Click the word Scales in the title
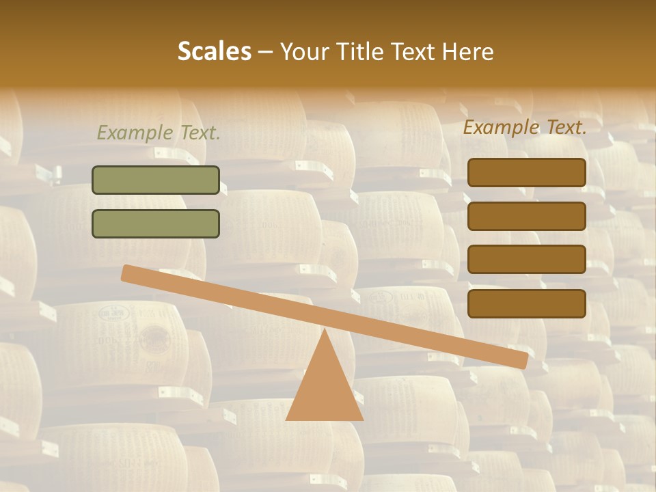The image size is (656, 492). pyautogui.click(x=214, y=52)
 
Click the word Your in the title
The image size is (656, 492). pyautogui.click(x=305, y=52)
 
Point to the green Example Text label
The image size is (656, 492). pyautogui.click(x=159, y=133)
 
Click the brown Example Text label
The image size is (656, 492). pyautogui.click(x=525, y=127)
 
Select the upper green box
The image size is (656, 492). pyautogui.click(x=156, y=180)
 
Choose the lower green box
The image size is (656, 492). pyautogui.click(x=156, y=223)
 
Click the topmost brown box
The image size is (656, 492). pyautogui.click(x=527, y=173)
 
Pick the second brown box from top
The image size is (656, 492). pyautogui.click(x=527, y=216)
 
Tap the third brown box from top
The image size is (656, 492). pyautogui.click(x=527, y=260)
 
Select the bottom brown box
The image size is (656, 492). pyautogui.click(x=527, y=303)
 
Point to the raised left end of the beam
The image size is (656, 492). pyautogui.click(x=130, y=273)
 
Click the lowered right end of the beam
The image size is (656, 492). pyautogui.click(x=520, y=359)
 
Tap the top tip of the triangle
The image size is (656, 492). pyautogui.click(x=325, y=331)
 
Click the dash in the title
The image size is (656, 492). pyautogui.click(x=266, y=52)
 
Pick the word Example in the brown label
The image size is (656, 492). pyautogui.click(x=502, y=127)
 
